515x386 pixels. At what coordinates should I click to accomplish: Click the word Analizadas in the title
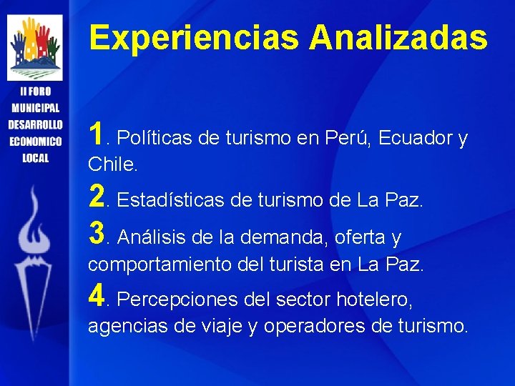(x=398, y=38)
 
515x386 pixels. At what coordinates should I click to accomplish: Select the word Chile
(x=112, y=165)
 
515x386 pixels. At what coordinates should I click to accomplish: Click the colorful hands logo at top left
(x=34, y=47)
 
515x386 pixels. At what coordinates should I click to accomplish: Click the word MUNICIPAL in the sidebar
(x=35, y=108)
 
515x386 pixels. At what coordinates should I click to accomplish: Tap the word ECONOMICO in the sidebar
(x=35, y=141)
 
